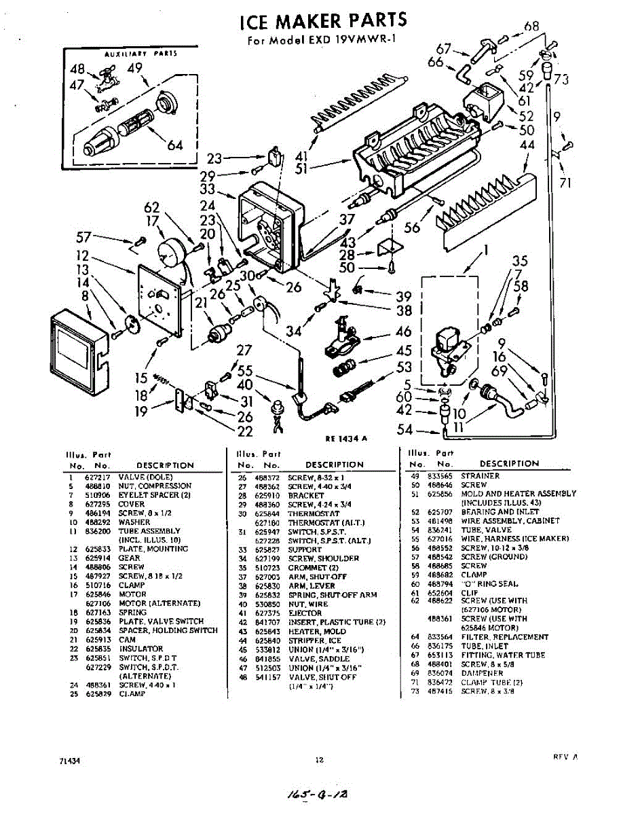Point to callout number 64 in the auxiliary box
click(x=175, y=145)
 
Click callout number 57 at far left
click(x=84, y=237)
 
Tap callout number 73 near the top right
click(x=561, y=79)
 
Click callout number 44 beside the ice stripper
click(x=527, y=145)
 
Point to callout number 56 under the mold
click(x=412, y=228)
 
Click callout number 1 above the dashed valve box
click(x=486, y=251)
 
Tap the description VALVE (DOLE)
click(x=146, y=477)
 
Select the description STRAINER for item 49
click(x=480, y=476)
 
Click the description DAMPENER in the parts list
click(x=483, y=673)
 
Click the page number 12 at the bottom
click(x=319, y=760)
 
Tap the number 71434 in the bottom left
click(x=71, y=761)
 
